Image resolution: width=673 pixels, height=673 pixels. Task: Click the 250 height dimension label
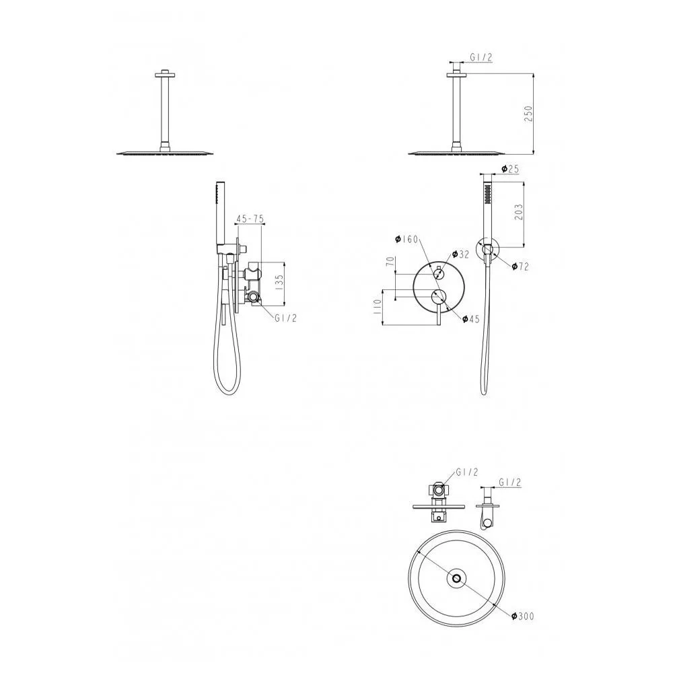pos(528,114)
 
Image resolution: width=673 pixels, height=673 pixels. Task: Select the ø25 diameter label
pos(510,169)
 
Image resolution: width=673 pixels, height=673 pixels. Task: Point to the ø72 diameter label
pos(520,267)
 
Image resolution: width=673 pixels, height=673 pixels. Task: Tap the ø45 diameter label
pos(470,318)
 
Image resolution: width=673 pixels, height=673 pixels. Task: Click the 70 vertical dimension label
pos(390,261)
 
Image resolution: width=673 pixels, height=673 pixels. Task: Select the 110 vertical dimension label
pos(378,307)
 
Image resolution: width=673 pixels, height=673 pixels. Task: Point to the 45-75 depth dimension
pos(250,219)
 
